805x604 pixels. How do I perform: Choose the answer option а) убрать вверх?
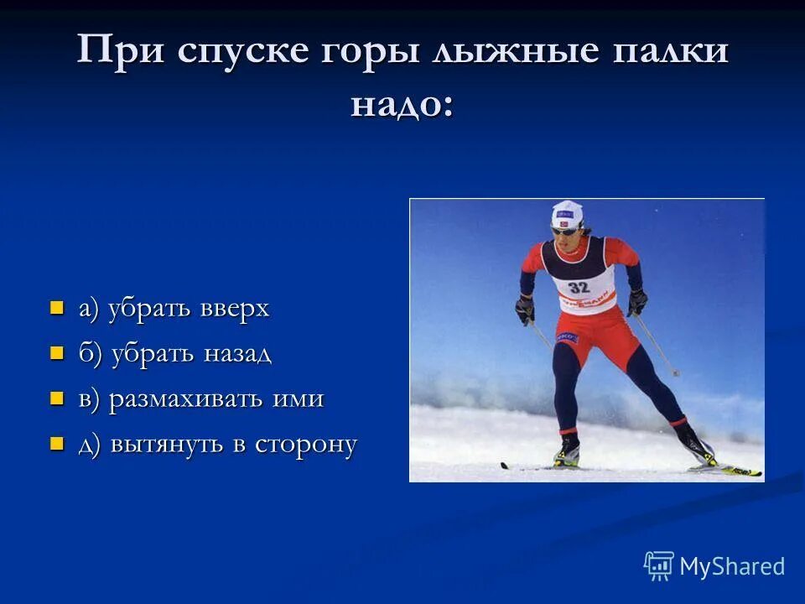(174, 309)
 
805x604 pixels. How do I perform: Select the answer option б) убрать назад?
(175, 354)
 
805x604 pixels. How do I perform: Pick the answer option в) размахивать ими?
(201, 399)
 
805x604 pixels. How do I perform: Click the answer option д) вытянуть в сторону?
(218, 445)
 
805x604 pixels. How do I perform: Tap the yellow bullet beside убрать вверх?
(57, 308)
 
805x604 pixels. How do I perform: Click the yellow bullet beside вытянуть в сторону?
(57, 444)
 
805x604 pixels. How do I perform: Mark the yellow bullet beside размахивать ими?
(57, 398)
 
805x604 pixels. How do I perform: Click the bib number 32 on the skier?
(579, 288)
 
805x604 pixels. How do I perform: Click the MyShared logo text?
(732, 566)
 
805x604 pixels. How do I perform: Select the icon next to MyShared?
(659, 566)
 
